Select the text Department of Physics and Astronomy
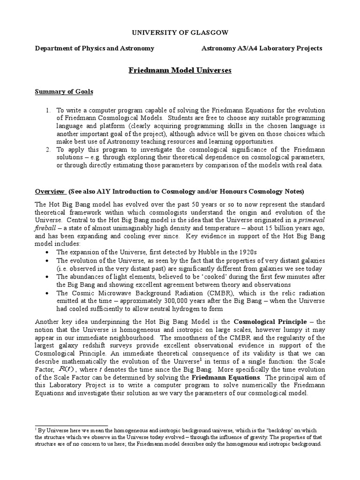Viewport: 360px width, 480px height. click(95, 48)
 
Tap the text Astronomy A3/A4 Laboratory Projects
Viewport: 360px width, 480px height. click(262, 48)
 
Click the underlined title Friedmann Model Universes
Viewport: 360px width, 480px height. click(180, 71)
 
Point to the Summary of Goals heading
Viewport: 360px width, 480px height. click(64, 91)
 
